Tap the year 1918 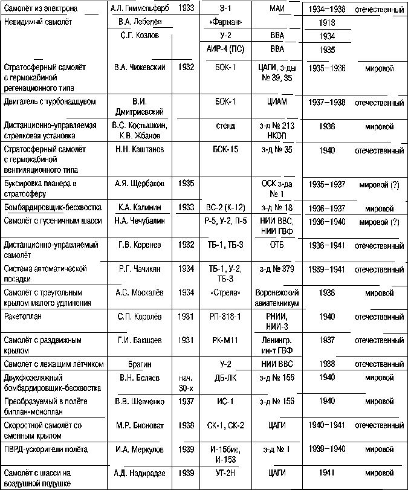point(326,22)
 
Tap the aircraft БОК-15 point(225,149)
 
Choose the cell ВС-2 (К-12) point(225,207)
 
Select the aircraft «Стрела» point(225,292)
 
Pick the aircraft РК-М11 point(225,340)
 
